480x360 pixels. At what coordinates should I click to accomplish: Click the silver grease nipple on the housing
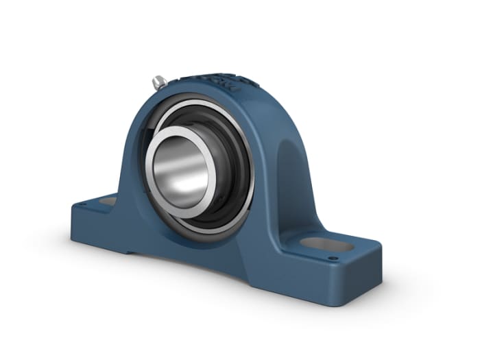point(159,82)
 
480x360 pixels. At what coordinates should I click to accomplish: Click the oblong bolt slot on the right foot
point(326,243)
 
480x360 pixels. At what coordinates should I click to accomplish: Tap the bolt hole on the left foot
point(108,202)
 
